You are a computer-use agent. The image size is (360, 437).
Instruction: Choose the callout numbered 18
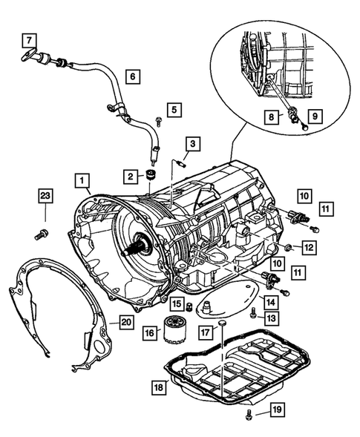pos(158,387)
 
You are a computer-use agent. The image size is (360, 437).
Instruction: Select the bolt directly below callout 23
pos(40,236)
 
